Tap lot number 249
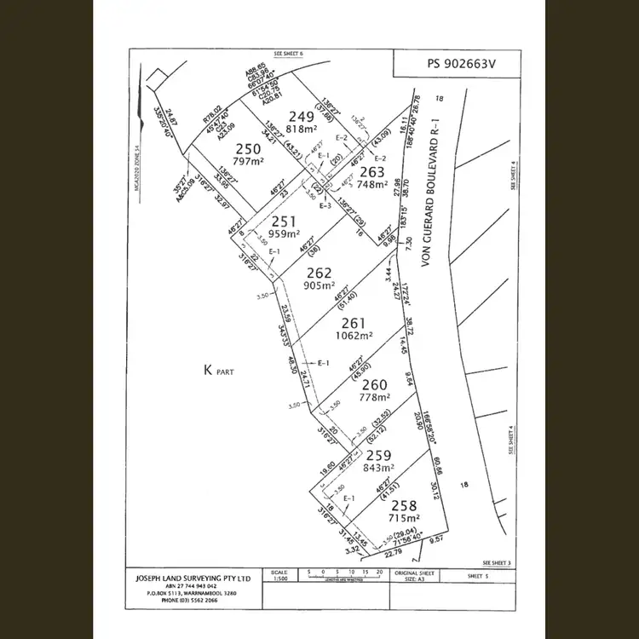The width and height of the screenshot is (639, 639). (301, 116)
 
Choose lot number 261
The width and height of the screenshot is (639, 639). (354, 323)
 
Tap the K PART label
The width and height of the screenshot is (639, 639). (217, 371)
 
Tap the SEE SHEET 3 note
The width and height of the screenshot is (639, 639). (497, 563)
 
